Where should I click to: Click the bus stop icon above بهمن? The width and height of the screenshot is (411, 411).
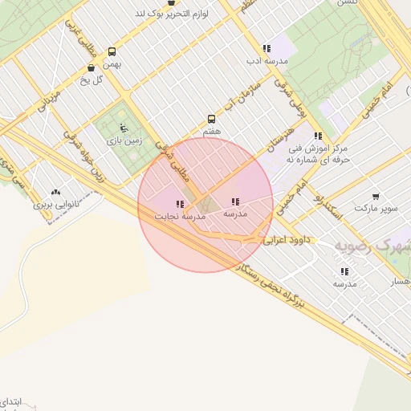pyautogui.click(x=112, y=51)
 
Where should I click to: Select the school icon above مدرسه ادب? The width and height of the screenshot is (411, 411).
pyautogui.click(x=267, y=48)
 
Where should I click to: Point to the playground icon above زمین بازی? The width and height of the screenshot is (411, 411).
pyautogui.click(x=123, y=127)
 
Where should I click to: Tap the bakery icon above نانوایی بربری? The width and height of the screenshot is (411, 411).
pyautogui.click(x=55, y=193)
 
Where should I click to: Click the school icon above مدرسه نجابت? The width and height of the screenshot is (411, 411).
pyautogui.click(x=179, y=204)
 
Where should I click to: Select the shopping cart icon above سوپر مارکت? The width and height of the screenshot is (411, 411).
pyautogui.click(x=376, y=196)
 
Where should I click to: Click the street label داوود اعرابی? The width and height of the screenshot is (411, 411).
pyautogui.click(x=287, y=238)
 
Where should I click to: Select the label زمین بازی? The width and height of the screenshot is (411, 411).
pyautogui.click(x=124, y=140)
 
